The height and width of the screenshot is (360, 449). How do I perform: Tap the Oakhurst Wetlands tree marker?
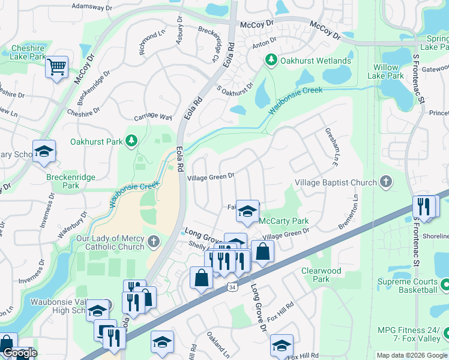click(x=271, y=61)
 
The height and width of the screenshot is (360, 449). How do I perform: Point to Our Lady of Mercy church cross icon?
click(x=154, y=242)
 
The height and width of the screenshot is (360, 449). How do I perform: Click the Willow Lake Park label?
click(x=387, y=71)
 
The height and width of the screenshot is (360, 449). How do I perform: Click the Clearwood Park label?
click(x=321, y=275)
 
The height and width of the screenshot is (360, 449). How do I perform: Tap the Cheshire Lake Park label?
click(x=28, y=52)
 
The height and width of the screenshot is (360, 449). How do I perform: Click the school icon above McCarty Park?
click(x=247, y=211)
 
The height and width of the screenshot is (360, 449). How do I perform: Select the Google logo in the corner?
click(x=19, y=353)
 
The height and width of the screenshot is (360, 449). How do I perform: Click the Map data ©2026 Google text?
click(x=411, y=355)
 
